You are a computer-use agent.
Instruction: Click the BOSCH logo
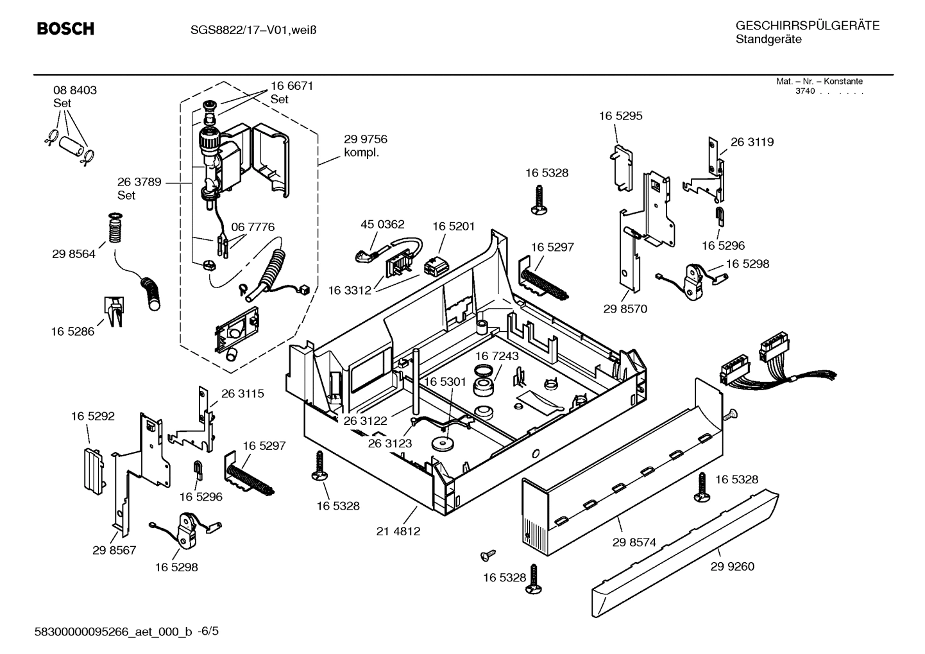[x=65, y=29]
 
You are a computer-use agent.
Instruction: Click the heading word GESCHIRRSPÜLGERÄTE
[x=807, y=26]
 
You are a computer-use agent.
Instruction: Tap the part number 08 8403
[x=75, y=90]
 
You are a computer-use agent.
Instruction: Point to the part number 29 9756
[x=366, y=139]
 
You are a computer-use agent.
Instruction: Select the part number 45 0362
[x=382, y=225]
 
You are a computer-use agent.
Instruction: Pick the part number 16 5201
[x=454, y=226]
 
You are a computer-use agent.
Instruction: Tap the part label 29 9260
[x=733, y=566]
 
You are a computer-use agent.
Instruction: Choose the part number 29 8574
[x=634, y=542]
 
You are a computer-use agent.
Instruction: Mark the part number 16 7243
[x=497, y=356]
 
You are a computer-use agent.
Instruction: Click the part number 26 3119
[x=752, y=142]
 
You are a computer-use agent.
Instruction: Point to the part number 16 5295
[x=620, y=116]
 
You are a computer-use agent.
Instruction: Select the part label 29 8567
[x=114, y=550]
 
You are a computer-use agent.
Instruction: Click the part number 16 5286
[x=72, y=332]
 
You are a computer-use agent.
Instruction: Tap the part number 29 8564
[x=74, y=254]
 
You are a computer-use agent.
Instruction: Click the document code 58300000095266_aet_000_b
[x=113, y=632]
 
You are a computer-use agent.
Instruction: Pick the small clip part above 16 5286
[x=114, y=311]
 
